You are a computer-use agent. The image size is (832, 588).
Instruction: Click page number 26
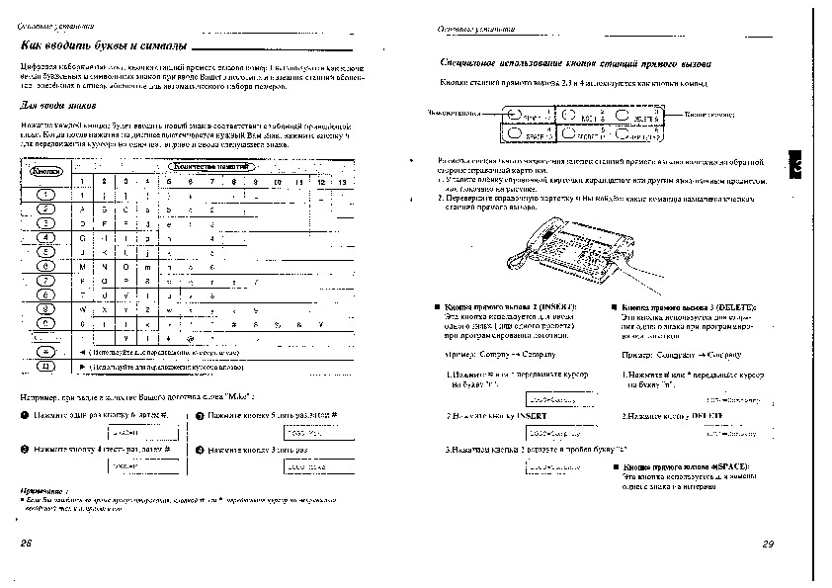[26, 544]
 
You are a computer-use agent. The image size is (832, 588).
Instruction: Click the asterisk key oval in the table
[45, 351]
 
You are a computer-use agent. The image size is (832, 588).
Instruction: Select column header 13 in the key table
[342, 183]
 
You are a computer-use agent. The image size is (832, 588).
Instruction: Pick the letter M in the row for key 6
[82, 266]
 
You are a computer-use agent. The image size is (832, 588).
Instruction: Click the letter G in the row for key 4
[82, 238]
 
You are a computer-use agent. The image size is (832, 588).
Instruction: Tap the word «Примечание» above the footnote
[45, 491]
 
